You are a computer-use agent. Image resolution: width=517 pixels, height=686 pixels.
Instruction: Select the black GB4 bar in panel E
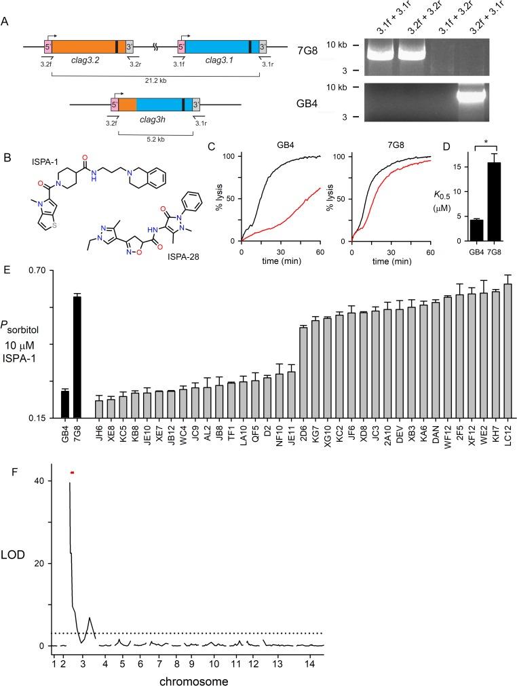coord(65,404)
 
